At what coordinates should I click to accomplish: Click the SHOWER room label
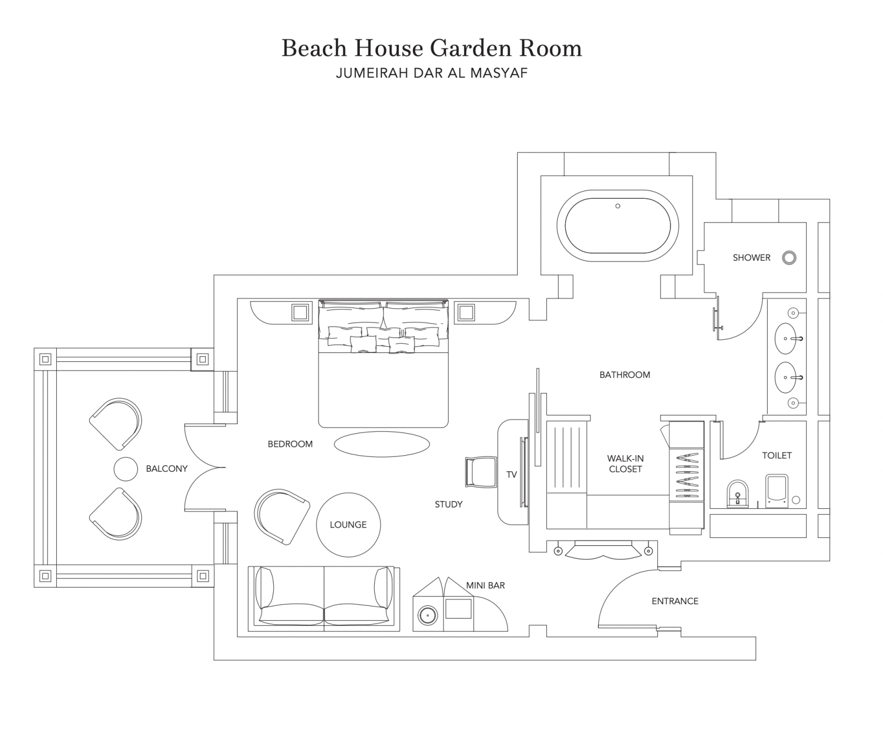(x=751, y=257)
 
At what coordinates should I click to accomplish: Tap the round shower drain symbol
(x=789, y=257)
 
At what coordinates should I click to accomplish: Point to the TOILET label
(x=776, y=455)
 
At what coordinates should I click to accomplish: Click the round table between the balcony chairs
(x=125, y=469)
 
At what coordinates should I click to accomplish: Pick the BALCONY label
(x=167, y=468)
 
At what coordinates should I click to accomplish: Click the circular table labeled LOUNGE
(x=348, y=525)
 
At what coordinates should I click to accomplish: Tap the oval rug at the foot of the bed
(x=382, y=444)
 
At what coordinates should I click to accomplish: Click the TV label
(x=512, y=474)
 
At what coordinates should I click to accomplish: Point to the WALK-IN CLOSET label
(x=625, y=463)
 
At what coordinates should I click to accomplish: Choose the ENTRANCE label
(x=675, y=601)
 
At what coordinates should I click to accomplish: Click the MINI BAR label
(x=485, y=586)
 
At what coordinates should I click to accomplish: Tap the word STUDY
(x=448, y=504)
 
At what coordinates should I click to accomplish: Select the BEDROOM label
(x=290, y=444)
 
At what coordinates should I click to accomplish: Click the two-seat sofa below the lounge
(x=324, y=598)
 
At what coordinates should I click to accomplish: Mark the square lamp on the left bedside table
(x=300, y=312)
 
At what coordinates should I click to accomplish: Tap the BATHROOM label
(x=625, y=374)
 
